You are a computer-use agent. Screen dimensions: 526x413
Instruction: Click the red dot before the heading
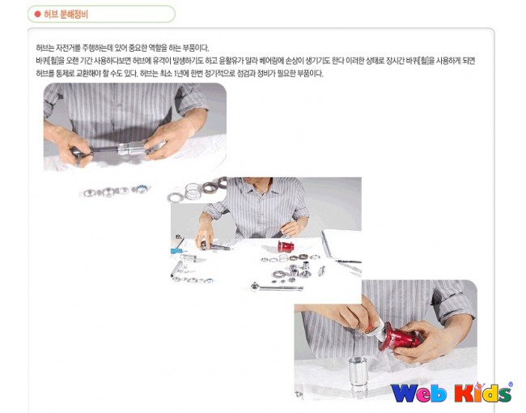pyautogui.click(x=37, y=14)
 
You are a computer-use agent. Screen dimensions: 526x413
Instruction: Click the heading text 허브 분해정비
pyautogui.click(x=66, y=15)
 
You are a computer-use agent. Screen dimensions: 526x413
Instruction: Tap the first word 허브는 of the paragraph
pyautogui.click(x=45, y=48)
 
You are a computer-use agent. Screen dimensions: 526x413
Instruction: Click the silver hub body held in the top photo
pyautogui.click(x=131, y=149)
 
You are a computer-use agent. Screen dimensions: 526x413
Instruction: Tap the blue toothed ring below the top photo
pyautogui.click(x=140, y=189)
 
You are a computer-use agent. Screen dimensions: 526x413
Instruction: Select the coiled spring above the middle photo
pyautogui.click(x=193, y=191)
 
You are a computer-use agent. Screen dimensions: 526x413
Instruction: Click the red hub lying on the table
pyautogui.click(x=286, y=246)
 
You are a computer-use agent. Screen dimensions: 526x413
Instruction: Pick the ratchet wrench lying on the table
pyautogui.click(x=277, y=287)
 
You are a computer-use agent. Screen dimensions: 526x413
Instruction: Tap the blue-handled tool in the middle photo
pyautogui.click(x=177, y=250)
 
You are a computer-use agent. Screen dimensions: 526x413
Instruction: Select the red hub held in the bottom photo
pyautogui.click(x=401, y=338)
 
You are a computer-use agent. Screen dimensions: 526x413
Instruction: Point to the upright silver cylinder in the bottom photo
pyautogui.click(x=358, y=374)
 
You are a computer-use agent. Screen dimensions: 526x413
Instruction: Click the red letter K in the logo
pyautogui.click(x=464, y=393)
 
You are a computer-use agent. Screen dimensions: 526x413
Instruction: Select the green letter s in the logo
pyautogui.click(x=503, y=394)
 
